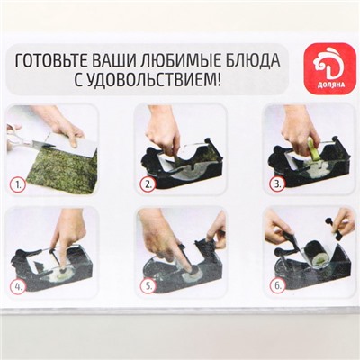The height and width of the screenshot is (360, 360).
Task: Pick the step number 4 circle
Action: (x=17, y=288)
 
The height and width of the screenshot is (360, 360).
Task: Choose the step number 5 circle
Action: (x=148, y=289)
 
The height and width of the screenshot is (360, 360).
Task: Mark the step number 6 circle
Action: (x=278, y=288)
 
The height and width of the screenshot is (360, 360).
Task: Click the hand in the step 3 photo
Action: (x=292, y=130)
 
